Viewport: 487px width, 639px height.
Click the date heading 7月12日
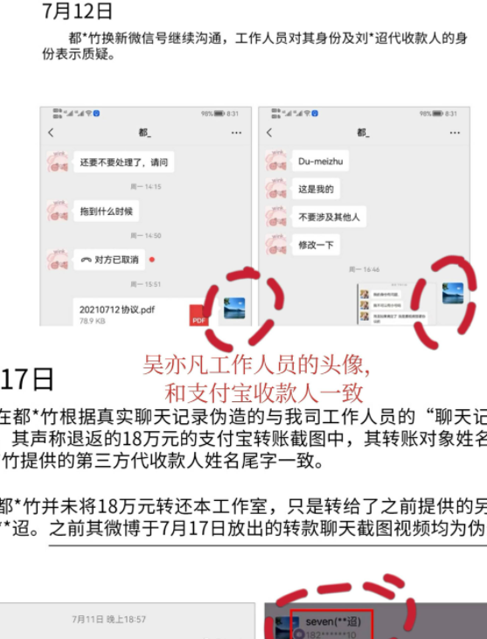click(78, 12)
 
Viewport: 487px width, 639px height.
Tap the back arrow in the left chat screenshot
click(52, 133)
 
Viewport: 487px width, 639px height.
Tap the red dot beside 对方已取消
click(152, 260)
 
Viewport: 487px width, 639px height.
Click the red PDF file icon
click(198, 318)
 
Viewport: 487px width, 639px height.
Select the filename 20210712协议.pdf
click(116, 309)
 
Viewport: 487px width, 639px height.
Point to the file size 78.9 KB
click(94, 322)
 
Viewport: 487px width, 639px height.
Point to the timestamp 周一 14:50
click(146, 236)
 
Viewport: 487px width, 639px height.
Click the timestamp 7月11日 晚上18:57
click(108, 620)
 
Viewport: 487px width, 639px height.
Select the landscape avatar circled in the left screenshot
click(233, 309)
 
